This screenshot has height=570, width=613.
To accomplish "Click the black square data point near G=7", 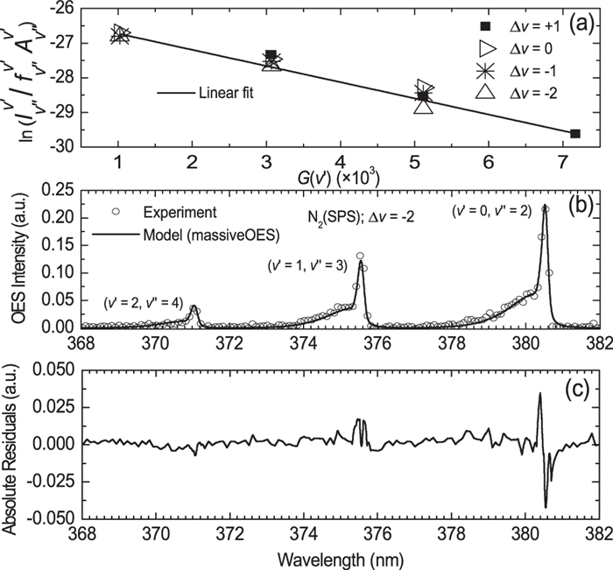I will [574, 133].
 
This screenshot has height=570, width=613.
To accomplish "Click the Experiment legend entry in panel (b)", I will [162, 211].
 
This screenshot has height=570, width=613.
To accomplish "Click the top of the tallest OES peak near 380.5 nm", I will [546, 208].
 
